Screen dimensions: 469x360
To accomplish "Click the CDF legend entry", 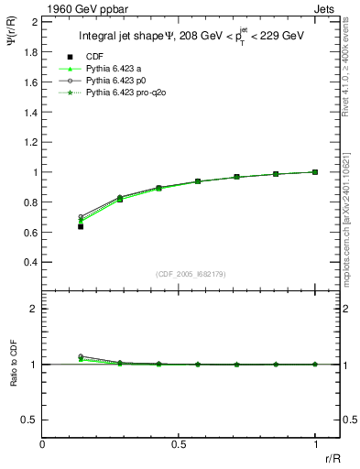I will (93, 57).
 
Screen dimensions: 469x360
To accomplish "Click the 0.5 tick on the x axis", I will (179, 443).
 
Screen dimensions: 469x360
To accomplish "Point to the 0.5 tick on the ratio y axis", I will (31, 420).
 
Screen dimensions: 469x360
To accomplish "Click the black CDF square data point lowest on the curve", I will (81, 225).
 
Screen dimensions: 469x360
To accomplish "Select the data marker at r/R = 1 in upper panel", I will (315, 171).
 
